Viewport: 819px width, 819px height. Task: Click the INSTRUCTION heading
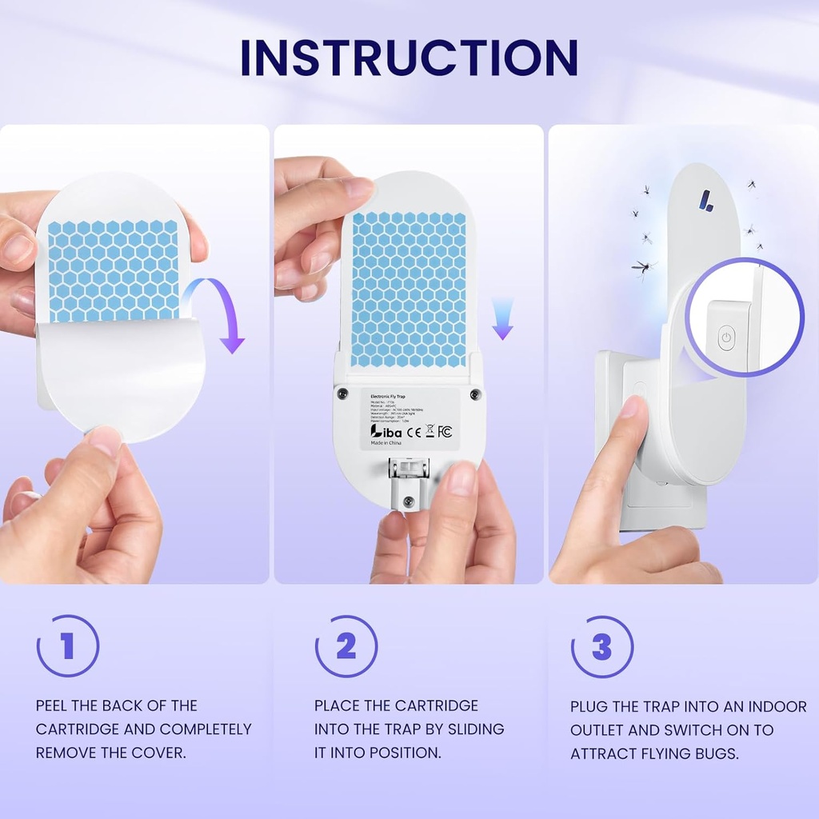(409, 58)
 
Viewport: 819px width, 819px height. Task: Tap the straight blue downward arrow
(502, 318)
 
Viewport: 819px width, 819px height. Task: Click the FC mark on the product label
(445, 432)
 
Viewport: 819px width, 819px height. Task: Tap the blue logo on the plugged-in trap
(706, 200)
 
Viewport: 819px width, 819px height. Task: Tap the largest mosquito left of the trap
(643, 267)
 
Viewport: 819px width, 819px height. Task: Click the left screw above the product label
(342, 394)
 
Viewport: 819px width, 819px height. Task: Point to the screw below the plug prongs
(409, 501)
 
